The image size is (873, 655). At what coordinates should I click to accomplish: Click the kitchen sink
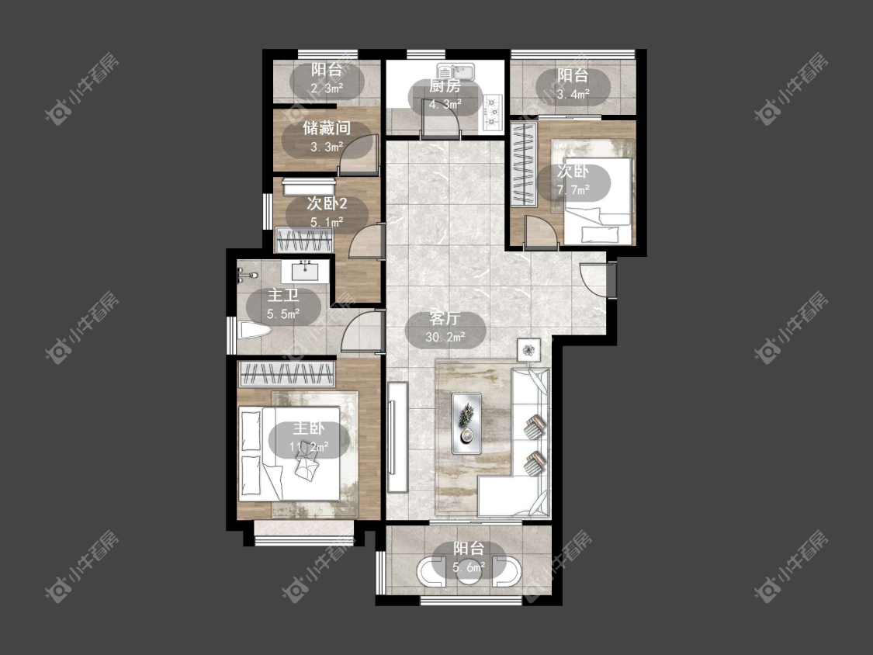coord(455,72)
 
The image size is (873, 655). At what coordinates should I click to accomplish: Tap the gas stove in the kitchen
coord(492,113)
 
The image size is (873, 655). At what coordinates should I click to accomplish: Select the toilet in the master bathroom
coord(255,331)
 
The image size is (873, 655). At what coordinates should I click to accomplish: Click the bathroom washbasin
coord(304,272)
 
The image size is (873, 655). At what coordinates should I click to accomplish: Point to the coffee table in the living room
coord(466,423)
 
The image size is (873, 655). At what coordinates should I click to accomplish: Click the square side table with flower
coord(528,350)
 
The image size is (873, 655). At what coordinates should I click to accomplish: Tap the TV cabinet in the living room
coord(398,437)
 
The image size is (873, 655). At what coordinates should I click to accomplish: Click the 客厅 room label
coord(445,319)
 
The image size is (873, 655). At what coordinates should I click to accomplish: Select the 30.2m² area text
coord(445,337)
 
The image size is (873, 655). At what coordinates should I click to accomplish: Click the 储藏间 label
coord(326,129)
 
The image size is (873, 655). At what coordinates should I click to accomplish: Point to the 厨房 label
coord(445,86)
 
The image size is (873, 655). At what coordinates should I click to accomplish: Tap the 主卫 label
coord(282,295)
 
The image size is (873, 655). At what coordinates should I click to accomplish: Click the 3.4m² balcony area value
coord(573,94)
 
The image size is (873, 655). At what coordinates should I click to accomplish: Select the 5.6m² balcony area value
coord(468,567)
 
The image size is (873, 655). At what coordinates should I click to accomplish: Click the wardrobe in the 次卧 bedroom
coord(524,165)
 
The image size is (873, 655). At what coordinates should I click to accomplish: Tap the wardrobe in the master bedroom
coord(286,374)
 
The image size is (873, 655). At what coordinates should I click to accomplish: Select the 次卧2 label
coord(326,204)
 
